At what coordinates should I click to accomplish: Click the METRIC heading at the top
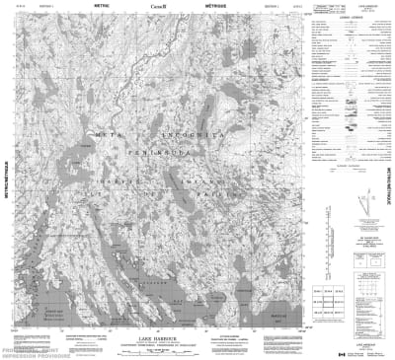pyautogui.click(x=101, y=5)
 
